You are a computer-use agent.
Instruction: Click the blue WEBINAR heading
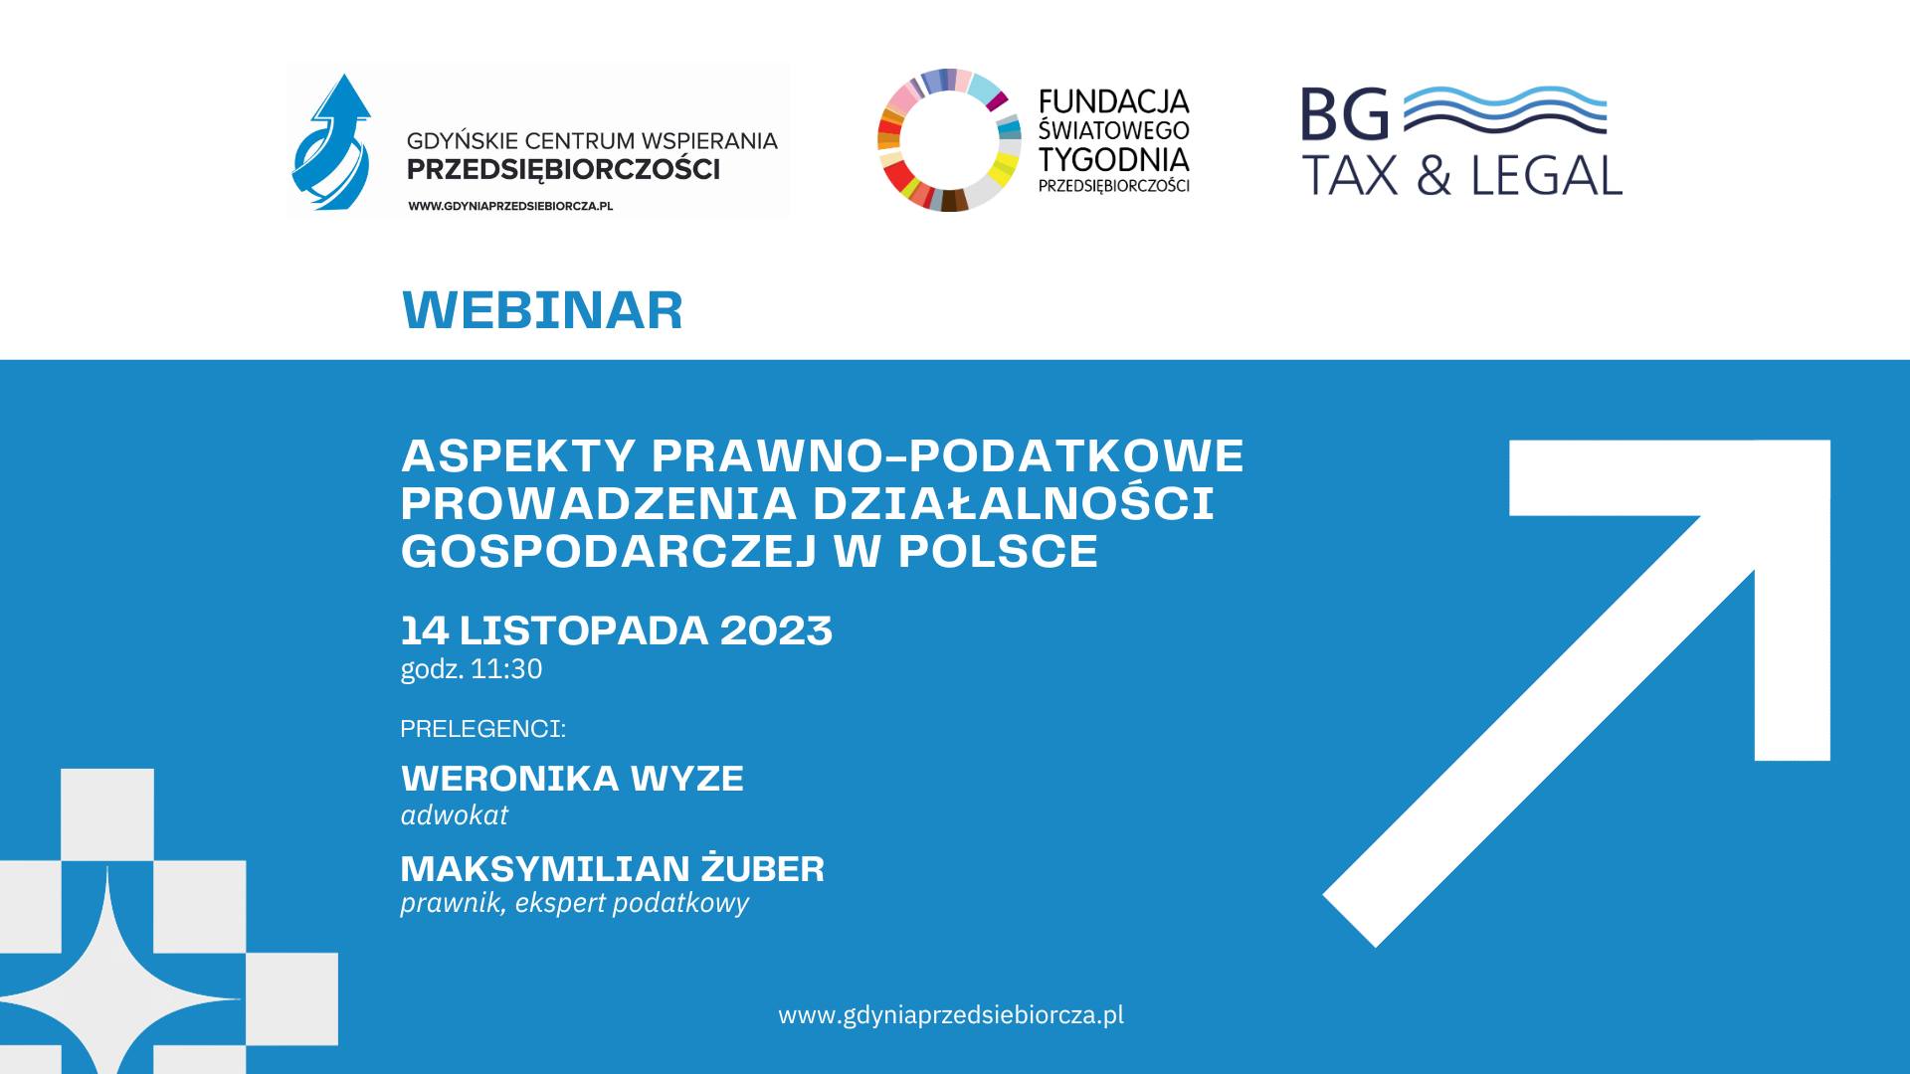[542, 310]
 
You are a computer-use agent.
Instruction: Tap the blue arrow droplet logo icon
[331, 142]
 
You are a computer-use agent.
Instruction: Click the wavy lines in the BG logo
[1505, 110]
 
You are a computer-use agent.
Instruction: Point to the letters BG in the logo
[1345, 114]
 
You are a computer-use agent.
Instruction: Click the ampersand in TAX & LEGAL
[1433, 176]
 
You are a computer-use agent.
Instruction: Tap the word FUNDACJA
[1113, 101]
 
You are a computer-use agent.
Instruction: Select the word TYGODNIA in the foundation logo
[1113, 159]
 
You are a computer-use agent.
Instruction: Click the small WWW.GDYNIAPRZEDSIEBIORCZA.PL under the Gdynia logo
[510, 206]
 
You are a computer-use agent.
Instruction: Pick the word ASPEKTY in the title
[517, 456]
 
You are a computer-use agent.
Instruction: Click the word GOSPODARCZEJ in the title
[609, 552]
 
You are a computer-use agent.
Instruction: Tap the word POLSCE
[998, 552]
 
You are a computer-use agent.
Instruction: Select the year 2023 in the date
[776, 630]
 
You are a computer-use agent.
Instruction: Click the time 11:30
[507, 668]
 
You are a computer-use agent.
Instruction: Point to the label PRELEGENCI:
[482, 729]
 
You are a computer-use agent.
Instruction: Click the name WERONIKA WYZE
[572, 779]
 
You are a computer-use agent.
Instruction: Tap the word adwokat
[454, 815]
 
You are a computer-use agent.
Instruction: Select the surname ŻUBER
[763, 868]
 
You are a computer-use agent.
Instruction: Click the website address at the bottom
[951, 1015]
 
